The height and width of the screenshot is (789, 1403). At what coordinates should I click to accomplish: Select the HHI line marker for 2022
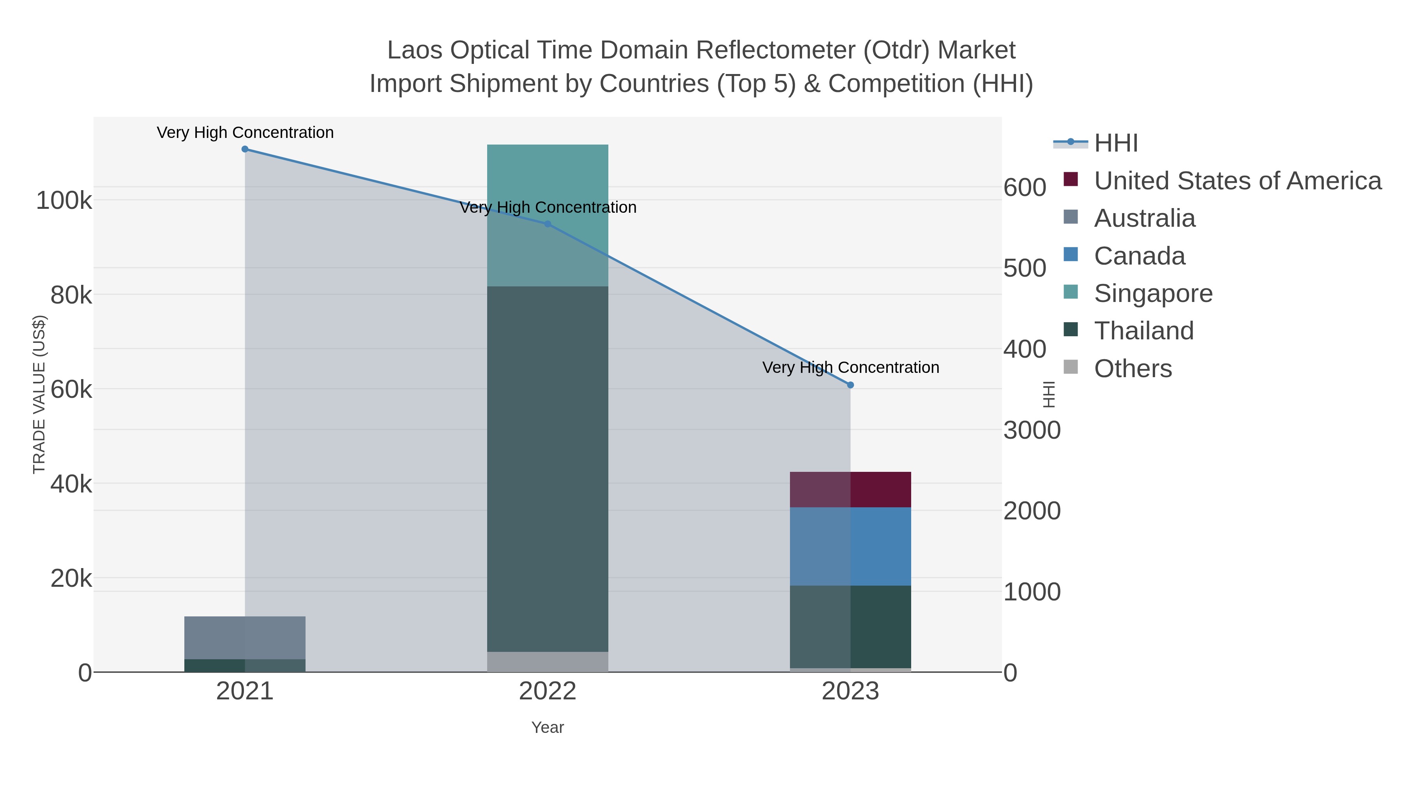coord(548,224)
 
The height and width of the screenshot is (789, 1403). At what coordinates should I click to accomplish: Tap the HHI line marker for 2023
coord(850,385)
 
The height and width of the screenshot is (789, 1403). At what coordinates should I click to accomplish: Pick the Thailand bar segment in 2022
coord(548,468)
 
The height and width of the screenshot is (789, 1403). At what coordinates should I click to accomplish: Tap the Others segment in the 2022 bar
coord(548,662)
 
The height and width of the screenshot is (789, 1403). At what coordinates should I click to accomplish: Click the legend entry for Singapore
coord(1153,293)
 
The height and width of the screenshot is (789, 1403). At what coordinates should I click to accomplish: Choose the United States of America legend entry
coord(1237,181)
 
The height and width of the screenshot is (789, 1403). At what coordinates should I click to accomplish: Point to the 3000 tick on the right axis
coord(1032,430)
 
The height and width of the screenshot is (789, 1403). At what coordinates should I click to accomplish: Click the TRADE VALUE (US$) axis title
coord(39,394)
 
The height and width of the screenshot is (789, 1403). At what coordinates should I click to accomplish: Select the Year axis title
coord(548,727)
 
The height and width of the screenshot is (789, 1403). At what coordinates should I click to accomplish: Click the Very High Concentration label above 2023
coord(850,367)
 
